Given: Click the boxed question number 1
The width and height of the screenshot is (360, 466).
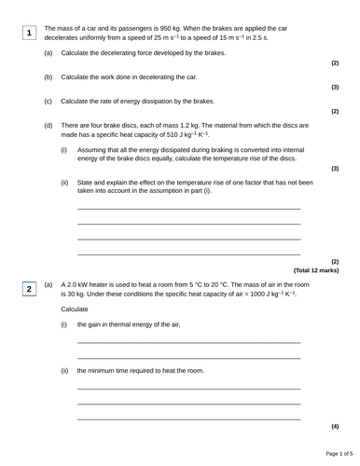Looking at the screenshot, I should click(29, 34).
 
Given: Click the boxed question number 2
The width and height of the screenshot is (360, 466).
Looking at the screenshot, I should click(29, 290).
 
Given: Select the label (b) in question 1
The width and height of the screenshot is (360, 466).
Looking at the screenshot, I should click(48, 76).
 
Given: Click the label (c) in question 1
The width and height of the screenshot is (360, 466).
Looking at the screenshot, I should click(48, 101).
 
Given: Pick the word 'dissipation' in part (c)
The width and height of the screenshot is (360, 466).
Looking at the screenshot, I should click(167, 101).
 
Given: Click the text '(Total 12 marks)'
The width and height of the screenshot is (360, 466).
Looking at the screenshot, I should click(316, 270).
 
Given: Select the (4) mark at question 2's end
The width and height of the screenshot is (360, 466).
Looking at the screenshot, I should click(335, 426).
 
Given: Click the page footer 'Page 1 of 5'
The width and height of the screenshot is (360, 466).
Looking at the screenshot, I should click(333, 454).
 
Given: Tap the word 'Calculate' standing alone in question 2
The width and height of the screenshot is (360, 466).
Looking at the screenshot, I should click(76, 308).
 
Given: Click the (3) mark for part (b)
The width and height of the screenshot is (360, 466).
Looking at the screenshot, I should click(335, 88).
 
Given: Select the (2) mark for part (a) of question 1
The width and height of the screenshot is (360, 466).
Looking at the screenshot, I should click(335, 63).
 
